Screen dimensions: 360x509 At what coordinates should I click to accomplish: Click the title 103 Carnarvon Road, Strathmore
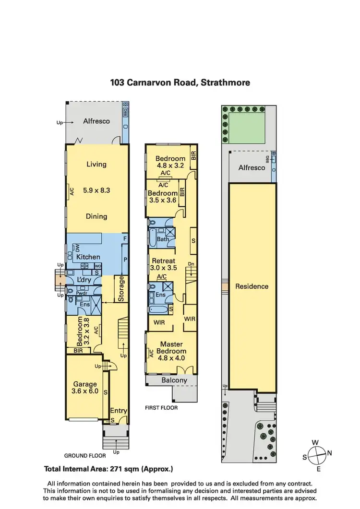coord(180,83)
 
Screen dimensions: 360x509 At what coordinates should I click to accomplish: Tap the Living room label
coord(96,164)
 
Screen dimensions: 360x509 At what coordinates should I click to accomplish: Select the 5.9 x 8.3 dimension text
coord(96,190)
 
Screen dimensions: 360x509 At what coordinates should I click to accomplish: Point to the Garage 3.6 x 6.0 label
coord(85,388)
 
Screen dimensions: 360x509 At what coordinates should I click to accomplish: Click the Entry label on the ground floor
coord(119,411)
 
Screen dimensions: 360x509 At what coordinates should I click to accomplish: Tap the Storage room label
coord(121,289)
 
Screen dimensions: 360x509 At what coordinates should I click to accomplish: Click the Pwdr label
coord(82,293)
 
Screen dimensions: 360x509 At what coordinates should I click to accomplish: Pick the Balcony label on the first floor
coord(174,380)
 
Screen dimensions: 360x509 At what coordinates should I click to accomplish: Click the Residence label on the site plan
coord(252,286)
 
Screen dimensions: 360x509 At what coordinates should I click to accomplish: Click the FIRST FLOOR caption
coord(161,408)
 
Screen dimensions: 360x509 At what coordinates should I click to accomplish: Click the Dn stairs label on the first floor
coord(191,264)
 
